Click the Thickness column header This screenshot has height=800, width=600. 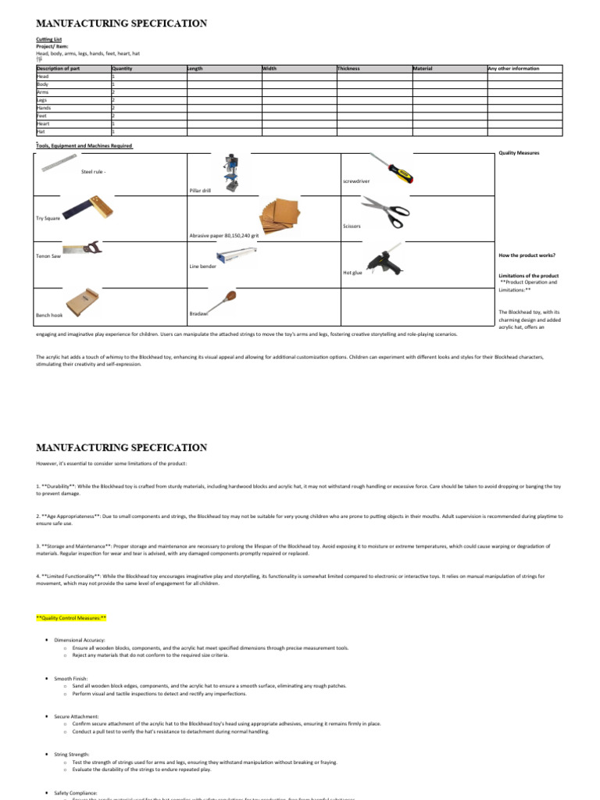[348, 69]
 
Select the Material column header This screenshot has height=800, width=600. [423, 69]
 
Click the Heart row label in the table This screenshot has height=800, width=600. [43, 123]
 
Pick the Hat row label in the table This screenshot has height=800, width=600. [41, 131]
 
